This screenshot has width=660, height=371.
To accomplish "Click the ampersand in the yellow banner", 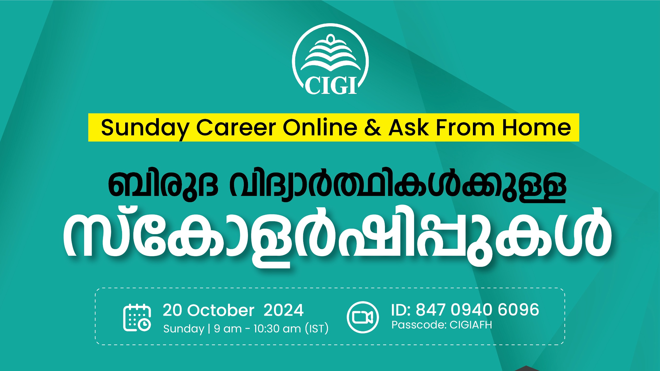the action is click(x=373, y=127).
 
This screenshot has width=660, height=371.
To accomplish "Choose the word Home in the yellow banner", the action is click(x=536, y=127).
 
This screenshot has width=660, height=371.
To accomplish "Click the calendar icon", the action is click(x=137, y=317).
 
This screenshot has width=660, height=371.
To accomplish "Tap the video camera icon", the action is click(x=363, y=317).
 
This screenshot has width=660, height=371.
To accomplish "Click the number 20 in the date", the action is click(x=172, y=310).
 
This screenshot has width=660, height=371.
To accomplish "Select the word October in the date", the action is click(x=221, y=310).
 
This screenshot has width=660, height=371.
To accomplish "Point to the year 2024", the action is click(x=283, y=310).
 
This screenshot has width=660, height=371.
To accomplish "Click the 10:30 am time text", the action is click(x=277, y=329).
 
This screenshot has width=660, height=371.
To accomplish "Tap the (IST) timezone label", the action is click(x=317, y=329).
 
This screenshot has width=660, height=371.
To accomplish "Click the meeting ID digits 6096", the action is click(x=518, y=309).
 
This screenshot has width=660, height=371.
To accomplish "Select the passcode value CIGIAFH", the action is click(x=471, y=325).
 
